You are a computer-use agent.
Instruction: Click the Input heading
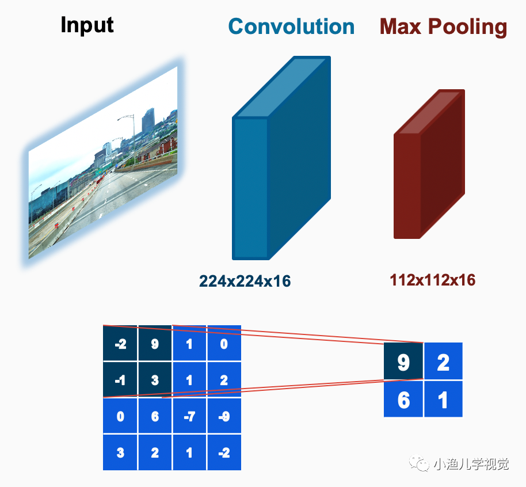[87, 25]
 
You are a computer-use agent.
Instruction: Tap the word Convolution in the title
[291, 26]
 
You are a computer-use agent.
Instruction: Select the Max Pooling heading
[443, 27]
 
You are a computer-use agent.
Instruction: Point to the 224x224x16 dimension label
[245, 281]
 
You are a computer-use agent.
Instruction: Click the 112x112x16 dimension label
[432, 280]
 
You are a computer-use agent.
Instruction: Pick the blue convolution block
[281, 158]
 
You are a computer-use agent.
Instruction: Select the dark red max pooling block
[429, 164]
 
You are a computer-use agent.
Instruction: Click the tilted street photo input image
[103, 162]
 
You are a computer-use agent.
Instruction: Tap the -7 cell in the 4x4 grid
[189, 416]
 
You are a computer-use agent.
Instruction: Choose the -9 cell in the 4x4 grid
[224, 416]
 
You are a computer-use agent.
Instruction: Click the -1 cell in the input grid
[120, 380]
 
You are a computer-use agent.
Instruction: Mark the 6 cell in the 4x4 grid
[155, 416]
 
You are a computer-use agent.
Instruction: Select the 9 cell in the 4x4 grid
[155, 343]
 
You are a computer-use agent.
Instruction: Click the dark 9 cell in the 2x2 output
[403, 361]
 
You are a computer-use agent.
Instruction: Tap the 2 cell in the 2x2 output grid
[443, 361]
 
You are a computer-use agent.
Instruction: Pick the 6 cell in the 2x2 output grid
[403, 399]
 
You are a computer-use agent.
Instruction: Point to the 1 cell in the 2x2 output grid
[443, 399]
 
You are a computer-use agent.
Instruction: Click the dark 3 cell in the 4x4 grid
[155, 380]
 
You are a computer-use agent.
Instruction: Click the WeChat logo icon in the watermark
[419, 463]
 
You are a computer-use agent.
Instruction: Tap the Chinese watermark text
[471, 464]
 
